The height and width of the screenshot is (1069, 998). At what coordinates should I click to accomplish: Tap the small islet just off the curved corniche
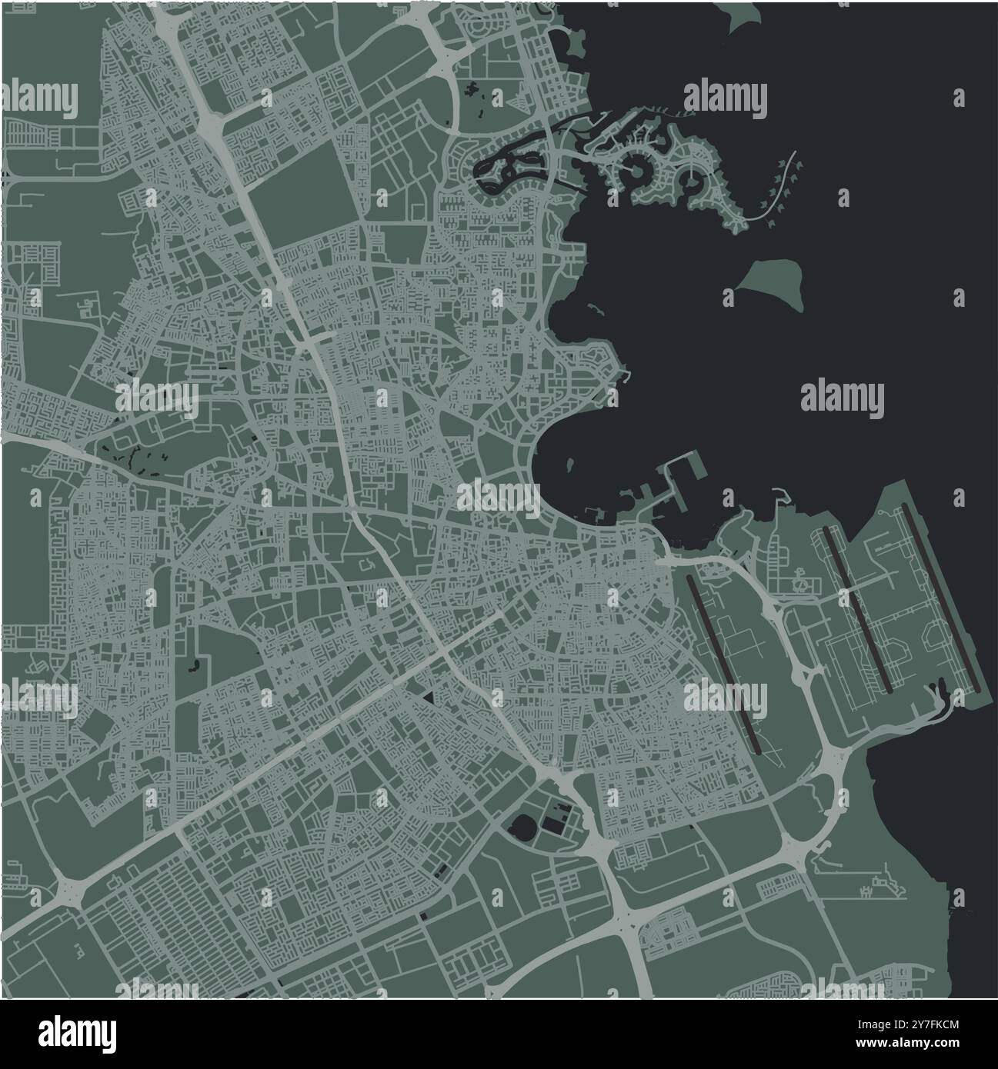coord(570,466)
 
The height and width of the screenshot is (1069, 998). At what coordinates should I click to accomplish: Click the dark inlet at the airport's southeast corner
coord(940,695)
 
